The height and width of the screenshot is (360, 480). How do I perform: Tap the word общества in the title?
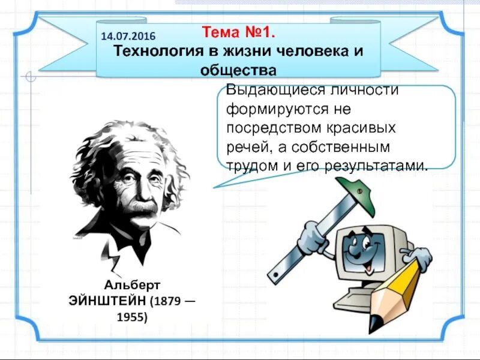[x=238, y=70]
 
